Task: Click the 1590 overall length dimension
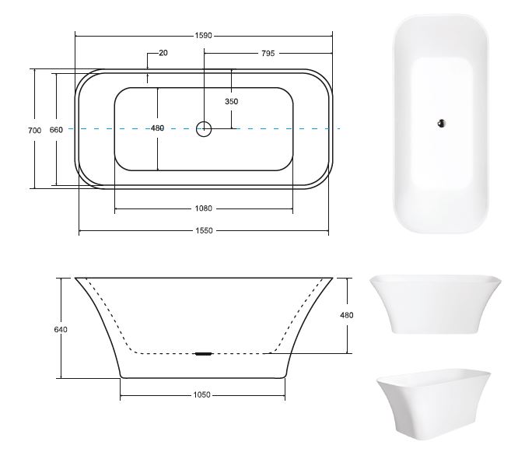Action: click(x=203, y=35)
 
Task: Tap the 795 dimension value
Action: click(x=268, y=53)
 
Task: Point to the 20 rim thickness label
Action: click(x=163, y=53)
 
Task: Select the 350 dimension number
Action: click(x=231, y=101)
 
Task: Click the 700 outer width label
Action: click(x=35, y=130)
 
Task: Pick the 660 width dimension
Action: click(x=56, y=130)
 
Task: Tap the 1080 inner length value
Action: click(x=204, y=208)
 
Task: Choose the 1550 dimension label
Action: click(x=204, y=230)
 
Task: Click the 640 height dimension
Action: click(x=61, y=329)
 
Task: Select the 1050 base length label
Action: click(x=202, y=395)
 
